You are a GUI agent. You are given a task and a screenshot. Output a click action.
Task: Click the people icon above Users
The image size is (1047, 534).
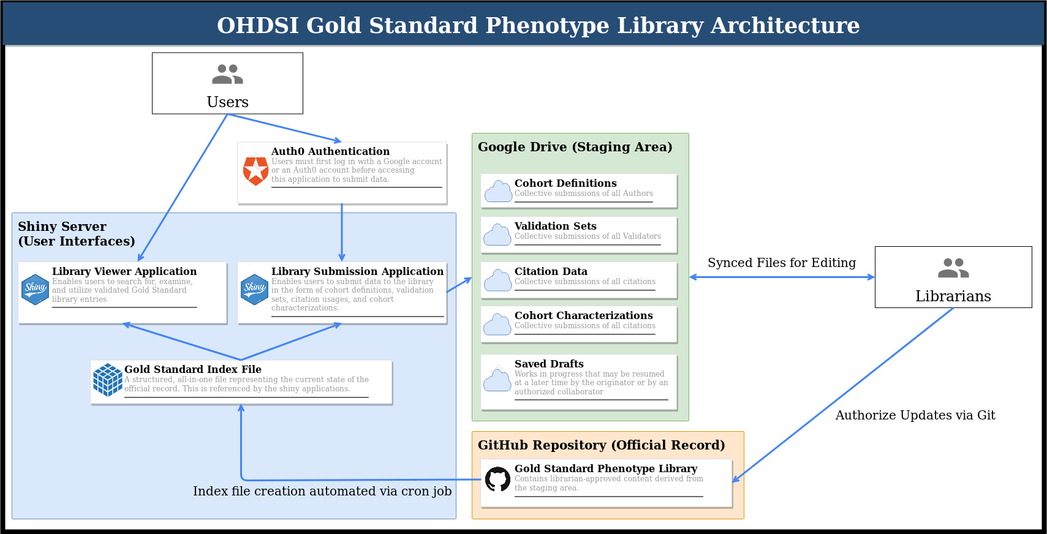pyautogui.click(x=227, y=74)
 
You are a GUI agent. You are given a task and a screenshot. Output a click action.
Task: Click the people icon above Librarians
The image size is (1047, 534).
pyautogui.click(x=953, y=268)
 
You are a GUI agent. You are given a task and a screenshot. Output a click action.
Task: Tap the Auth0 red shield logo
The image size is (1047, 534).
pyautogui.click(x=255, y=170)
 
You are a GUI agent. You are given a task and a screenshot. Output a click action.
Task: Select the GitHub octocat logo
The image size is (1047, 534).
pyautogui.click(x=497, y=479)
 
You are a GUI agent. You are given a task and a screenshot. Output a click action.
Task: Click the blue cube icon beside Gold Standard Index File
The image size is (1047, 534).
pyautogui.click(x=107, y=380)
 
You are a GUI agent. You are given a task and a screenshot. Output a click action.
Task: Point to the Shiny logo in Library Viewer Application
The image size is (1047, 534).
pyautogui.click(x=35, y=289)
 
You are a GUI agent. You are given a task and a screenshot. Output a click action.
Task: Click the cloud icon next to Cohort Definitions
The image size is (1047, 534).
pyautogui.click(x=498, y=191)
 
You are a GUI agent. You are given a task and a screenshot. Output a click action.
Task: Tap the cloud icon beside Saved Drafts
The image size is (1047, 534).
pyautogui.click(x=497, y=380)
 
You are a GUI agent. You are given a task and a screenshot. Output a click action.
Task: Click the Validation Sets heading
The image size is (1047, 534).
pyautogui.click(x=555, y=226)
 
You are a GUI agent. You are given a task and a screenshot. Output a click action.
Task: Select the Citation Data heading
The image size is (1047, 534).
pyautogui.click(x=551, y=271)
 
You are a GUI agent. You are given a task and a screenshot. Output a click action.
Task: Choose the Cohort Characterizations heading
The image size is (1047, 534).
pyautogui.click(x=583, y=315)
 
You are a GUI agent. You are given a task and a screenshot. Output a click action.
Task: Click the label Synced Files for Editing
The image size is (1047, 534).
pyautogui.click(x=782, y=263)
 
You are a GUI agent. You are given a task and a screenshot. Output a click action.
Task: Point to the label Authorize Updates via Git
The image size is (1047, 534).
pyautogui.click(x=915, y=415)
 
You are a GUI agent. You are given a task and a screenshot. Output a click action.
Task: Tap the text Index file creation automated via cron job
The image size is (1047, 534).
pyautogui.click(x=322, y=491)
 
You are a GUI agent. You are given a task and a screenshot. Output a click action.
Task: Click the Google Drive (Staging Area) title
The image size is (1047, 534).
pyautogui.click(x=575, y=147)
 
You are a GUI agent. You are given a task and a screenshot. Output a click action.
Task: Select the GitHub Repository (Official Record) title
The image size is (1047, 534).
pyautogui.click(x=601, y=445)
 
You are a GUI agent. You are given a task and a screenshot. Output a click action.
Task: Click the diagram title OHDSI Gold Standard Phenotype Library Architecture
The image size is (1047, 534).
pyautogui.click(x=538, y=25)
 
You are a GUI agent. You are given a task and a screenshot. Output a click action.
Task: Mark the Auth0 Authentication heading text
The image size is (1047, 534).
pyautogui.click(x=330, y=151)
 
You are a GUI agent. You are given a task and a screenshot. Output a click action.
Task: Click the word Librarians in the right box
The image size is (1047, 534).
pyautogui.click(x=953, y=296)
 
